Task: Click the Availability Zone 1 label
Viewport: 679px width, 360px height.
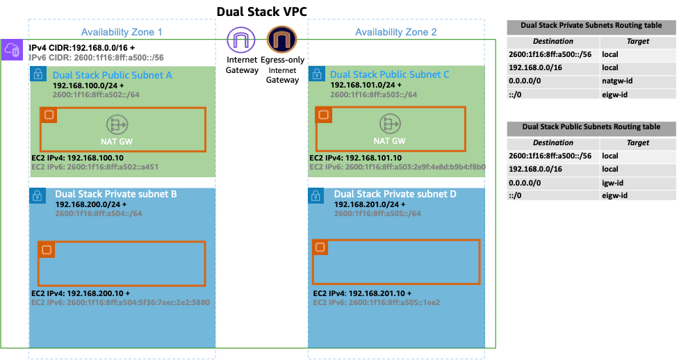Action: click(x=122, y=33)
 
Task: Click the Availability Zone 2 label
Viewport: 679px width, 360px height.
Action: click(x=395, y=33)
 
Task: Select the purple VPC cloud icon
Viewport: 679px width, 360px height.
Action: click(x=12, y=50)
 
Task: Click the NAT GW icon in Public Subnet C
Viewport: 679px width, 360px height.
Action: click(x=389, y=124)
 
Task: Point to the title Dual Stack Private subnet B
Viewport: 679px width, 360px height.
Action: click(x=115, y=194)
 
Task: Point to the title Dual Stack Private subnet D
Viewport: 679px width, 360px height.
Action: click(x=395, y=194)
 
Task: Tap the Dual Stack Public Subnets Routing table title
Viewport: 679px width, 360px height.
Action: click(x=591, y=127)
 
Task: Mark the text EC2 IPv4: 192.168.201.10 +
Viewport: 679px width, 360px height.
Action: click(x=362, y=293)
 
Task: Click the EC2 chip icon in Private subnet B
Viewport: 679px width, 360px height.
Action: click(x=46, y=249)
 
